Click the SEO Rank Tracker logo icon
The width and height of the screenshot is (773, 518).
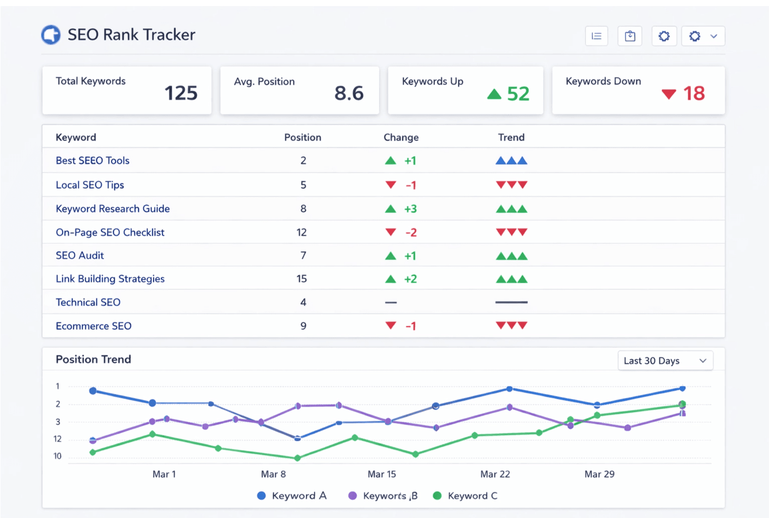(51, 35)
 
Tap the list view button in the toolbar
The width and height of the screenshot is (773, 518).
(596, 36)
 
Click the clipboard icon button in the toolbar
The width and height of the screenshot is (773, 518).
(630, 36)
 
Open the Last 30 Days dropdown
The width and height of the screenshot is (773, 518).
(665, 361)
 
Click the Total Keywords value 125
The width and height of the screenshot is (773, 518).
(181, 93)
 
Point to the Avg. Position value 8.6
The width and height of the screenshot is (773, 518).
(349, 93)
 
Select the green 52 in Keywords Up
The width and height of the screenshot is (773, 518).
(518, 94)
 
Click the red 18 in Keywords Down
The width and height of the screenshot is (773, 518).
(694, 93)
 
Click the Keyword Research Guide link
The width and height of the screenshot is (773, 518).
(113, 209)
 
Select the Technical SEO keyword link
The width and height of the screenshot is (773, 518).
(88, 302)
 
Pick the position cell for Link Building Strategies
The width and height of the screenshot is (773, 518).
(302, 279)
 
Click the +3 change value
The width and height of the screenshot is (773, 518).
(410, 209)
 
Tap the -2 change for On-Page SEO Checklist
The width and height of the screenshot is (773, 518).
(411, 233)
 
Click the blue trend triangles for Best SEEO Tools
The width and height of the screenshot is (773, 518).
(511, 161)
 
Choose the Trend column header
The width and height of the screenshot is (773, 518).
(511, 137)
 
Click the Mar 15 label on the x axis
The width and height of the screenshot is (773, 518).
(381, 474)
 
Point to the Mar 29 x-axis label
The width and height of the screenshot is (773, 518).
(599, 474)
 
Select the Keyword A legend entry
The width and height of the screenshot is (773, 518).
(292, 496)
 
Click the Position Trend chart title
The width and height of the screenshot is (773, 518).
(94, 359)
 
